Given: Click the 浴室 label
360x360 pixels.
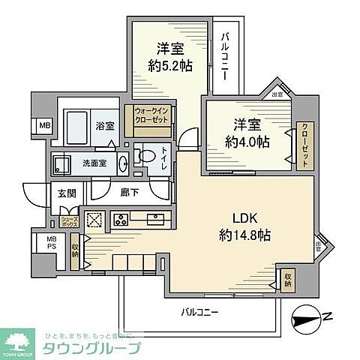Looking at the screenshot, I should pos(106,126).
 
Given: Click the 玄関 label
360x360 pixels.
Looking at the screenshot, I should pos(63,193).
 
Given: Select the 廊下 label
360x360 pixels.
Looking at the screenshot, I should pos(130,193).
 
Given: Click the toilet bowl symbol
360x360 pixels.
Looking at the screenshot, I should pos(145,159).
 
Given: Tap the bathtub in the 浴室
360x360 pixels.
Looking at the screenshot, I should pos(77,129).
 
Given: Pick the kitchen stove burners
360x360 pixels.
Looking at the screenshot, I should pos(119,220).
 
